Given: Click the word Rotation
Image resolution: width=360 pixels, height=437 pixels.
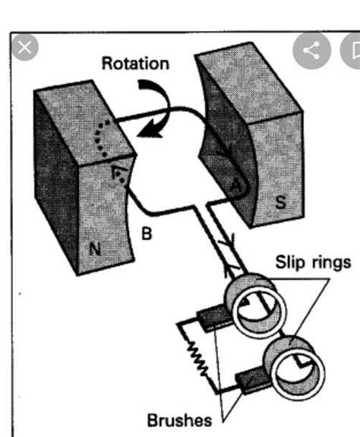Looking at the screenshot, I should (x=136, y=63).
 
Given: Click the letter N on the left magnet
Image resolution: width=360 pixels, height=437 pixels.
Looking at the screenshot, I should (x=94, y=248).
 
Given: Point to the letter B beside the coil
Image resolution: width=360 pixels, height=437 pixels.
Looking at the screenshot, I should (x=147, y=233).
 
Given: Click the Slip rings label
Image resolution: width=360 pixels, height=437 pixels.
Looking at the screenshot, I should (x=312, y=262).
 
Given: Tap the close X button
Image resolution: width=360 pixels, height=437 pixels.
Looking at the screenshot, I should (x=24, y=48).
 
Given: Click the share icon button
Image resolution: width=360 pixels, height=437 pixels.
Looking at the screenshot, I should (x=311, y=50).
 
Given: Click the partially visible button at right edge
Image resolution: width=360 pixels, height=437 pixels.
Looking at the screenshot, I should (x=353, y=50).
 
